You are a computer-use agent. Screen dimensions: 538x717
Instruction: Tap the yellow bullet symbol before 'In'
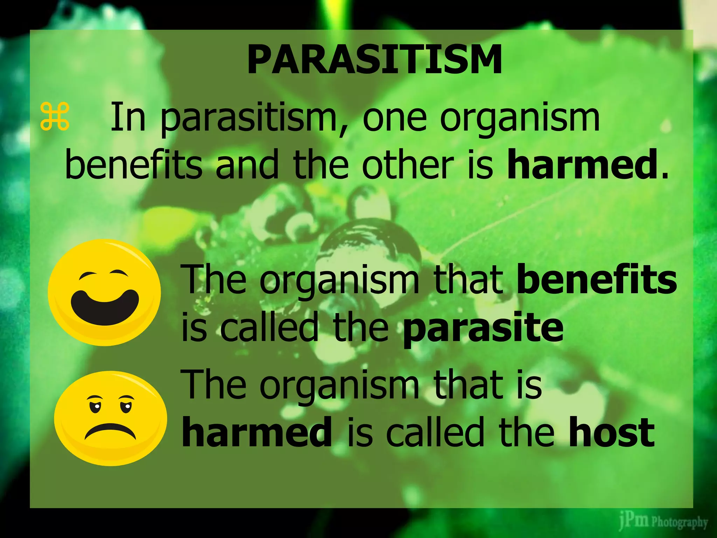tap(55, 117)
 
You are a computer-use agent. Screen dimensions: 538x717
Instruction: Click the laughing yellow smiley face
tap(104, 292)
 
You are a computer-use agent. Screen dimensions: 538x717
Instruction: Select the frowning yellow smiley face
tap(111, 418)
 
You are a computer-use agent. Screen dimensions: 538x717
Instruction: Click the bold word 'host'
tap(611, 433)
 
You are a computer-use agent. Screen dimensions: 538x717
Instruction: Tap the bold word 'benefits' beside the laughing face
tap(597, 280)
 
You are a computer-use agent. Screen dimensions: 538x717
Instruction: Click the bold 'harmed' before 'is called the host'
tap(257, 433)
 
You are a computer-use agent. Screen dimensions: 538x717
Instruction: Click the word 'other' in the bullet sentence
tap(408, 164)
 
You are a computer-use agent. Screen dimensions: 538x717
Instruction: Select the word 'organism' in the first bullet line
tap(520, 119)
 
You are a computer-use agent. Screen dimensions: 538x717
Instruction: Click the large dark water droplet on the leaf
tap(371, 256)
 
